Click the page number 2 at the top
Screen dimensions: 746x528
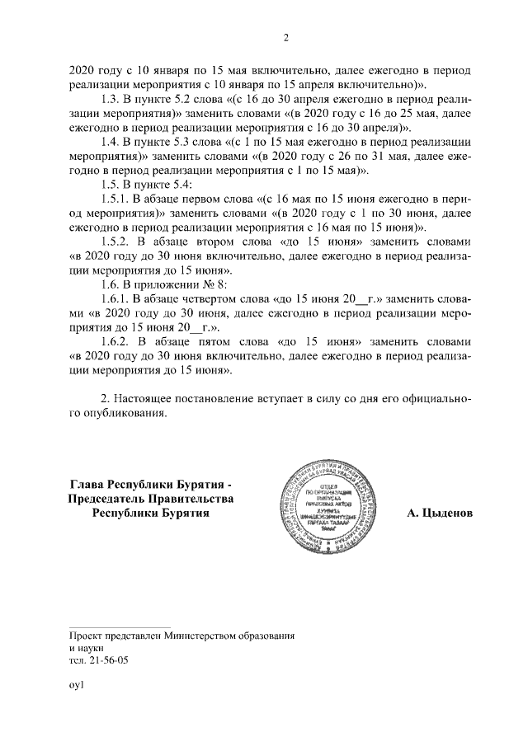click(286, 38)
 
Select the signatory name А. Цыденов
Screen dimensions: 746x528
click(440, 513)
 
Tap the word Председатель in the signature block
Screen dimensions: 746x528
click(108, 499)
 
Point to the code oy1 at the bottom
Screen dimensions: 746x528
click(77, 683)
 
